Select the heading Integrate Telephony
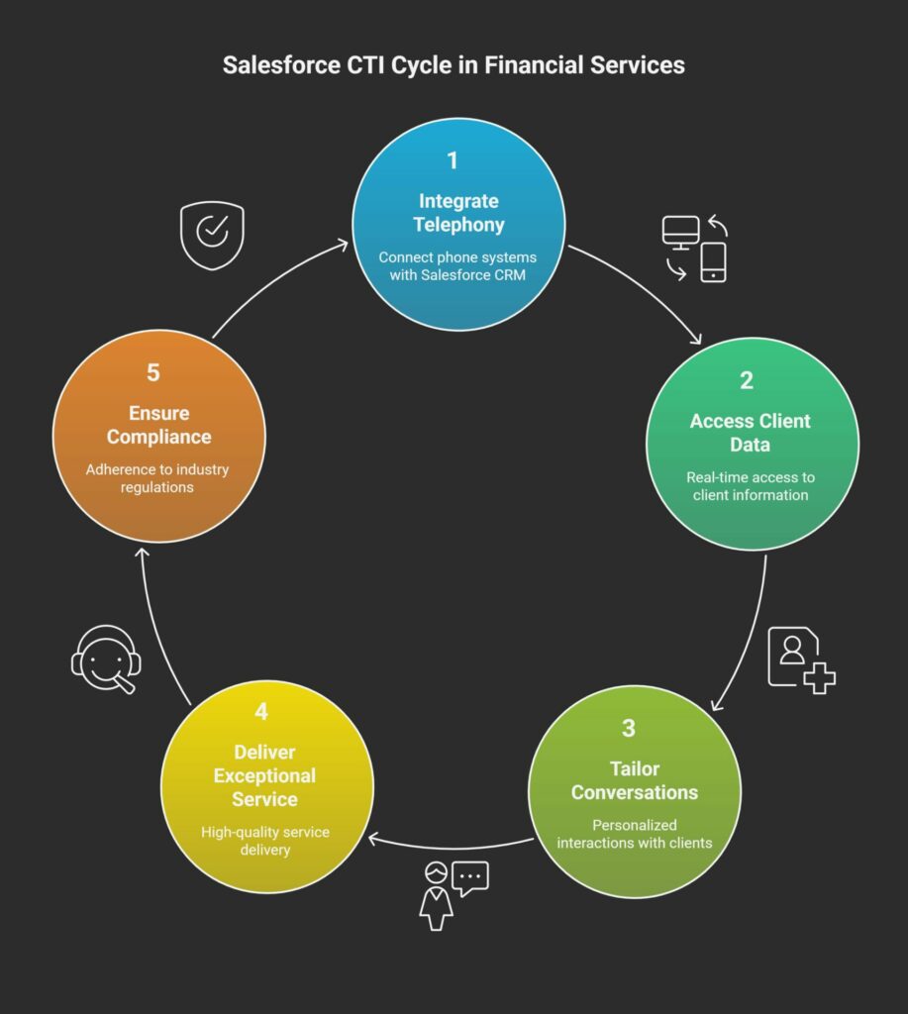coord(458,213)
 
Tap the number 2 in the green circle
coord(747,380)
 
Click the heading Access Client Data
coord(751,433)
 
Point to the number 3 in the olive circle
coord(629,729)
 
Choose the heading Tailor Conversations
coord(634,780)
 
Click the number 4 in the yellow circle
coord(261,711)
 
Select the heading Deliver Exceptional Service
coord(264,775)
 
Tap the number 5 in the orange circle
coord(153,372)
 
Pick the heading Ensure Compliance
coord(158,425)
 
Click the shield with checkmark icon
coord(211,236)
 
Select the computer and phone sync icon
coord(694,248)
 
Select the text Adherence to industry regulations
coord(156,478)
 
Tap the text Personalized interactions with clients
coord(634,834)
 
